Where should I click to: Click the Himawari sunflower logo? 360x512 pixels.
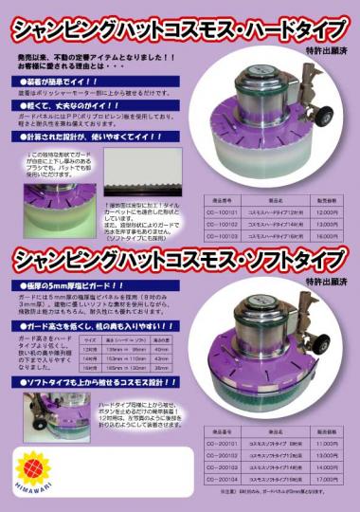pos(33,466)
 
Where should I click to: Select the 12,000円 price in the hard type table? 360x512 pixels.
pos(326,210)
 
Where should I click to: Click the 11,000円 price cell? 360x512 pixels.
pos(326,443)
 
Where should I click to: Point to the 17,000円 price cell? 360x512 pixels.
pos(326,480)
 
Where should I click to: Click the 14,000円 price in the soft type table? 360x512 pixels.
pos(326,467)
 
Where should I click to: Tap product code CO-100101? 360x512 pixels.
pos(231,210)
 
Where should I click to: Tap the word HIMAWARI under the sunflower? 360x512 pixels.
pos(33,491)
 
